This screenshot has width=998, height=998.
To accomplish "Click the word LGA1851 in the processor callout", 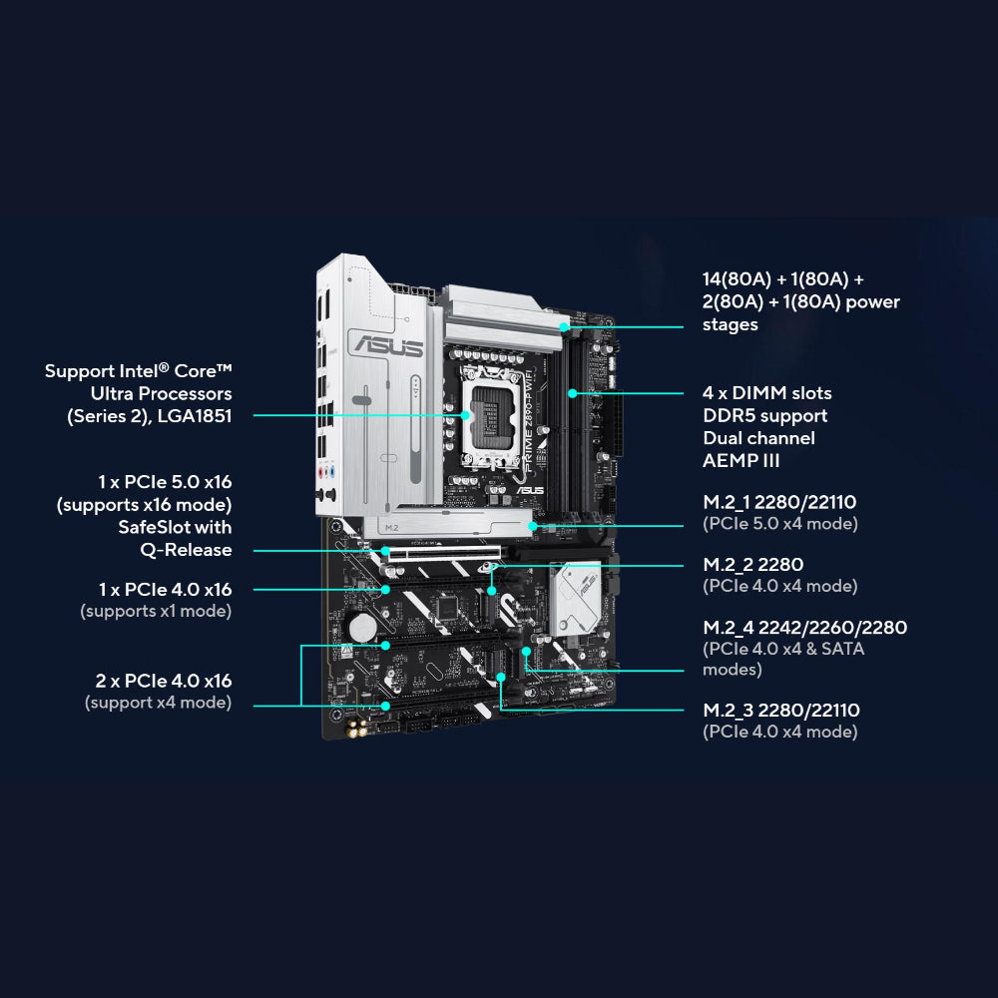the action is (x=195, y=416).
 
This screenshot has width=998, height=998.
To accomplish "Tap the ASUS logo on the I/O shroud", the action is (x=388, y=345).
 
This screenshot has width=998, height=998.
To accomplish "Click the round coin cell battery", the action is (x=363, y=627).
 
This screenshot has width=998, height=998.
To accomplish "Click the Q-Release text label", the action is (x=186, y=550).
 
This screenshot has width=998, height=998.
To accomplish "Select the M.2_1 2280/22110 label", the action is (x=779, y=502).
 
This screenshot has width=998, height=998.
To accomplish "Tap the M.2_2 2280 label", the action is (x=752, y=565).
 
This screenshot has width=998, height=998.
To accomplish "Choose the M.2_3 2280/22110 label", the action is (x=781, y=711).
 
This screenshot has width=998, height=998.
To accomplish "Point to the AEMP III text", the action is (x=741, y=461).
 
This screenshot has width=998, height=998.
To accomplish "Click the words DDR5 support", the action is (x=765, y=415).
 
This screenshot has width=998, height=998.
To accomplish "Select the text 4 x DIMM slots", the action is (x=766, y=392).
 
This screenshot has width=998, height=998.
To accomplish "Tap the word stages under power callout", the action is (x=731, y=324).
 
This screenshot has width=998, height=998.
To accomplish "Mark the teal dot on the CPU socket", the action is (x=465, y=415).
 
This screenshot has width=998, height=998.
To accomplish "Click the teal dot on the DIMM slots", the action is (x=572, y=393).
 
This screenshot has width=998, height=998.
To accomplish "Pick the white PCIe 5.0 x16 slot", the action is (x=444, y=552).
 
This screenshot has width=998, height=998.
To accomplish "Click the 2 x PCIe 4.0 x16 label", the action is (x=164, y=681).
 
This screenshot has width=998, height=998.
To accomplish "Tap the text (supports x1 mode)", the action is (x=156, y=611).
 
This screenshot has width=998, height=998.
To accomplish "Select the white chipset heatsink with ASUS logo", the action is (x=575, y=598).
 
